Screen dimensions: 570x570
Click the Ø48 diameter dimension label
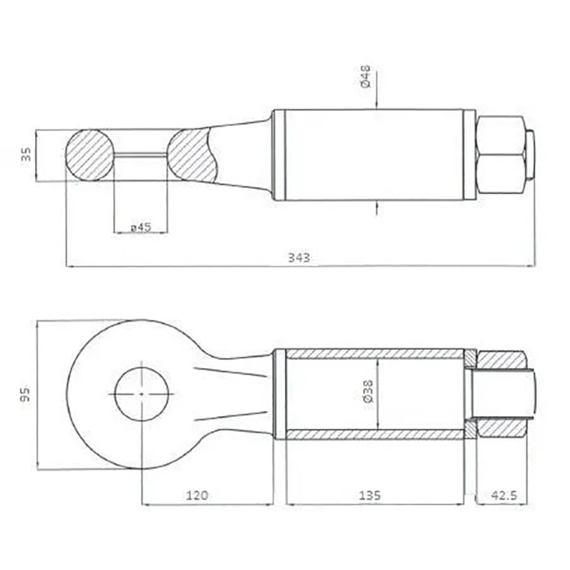(366, 79)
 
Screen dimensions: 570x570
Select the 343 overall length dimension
(300, 257)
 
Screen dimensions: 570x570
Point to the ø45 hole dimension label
(141, 227)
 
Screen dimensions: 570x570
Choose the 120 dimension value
(197, 494)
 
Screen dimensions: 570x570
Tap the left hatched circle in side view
(90, 155)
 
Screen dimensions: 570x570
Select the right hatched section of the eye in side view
(193, 155)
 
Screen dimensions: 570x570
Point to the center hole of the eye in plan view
(142, 393)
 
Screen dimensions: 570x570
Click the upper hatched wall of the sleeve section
(375, 354)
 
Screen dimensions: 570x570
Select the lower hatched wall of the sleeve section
(375, 433)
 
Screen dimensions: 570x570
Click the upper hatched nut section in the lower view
(502, 360)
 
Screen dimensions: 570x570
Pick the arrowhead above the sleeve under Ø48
(378, 103)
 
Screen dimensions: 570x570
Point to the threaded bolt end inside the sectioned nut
(505, 393)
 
